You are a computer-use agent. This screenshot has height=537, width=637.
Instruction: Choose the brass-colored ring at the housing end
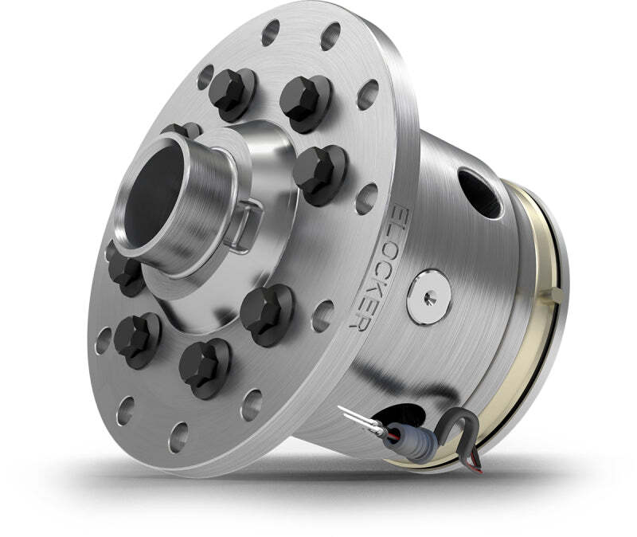tap(541, 319)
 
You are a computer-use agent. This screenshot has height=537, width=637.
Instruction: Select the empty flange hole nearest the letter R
tap(322, 313)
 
